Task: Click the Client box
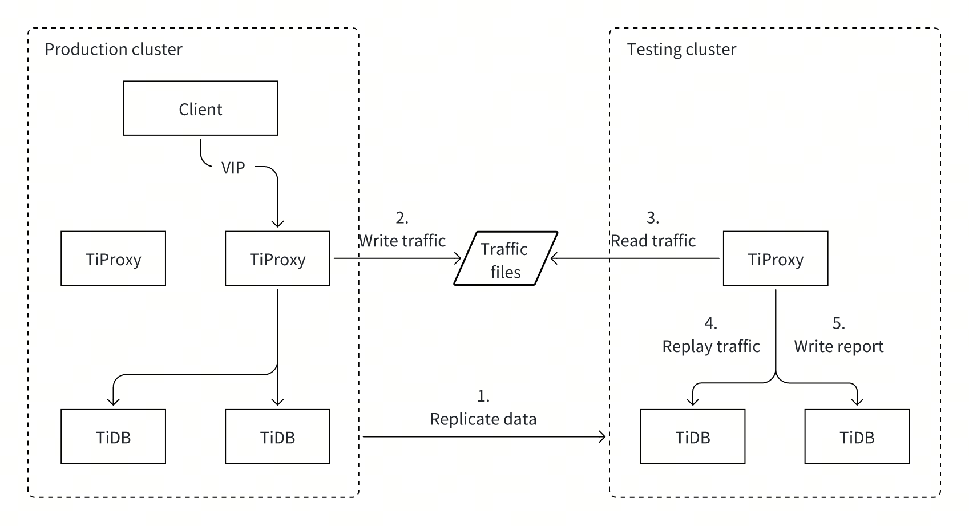click(200, 108)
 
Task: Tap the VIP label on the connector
click(233, 168)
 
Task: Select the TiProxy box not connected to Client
click(113, 258)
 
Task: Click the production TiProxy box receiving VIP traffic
click(277, 258)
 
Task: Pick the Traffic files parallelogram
click(505, 259)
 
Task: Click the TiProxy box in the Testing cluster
click(775, 258)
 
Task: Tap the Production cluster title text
click(113, 50)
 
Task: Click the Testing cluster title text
click(681, 50)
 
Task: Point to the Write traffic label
click(402, 241)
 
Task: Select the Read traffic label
click(653, 241)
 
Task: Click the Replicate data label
click(483, 419)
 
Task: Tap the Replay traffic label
click(710, 346)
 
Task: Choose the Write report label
click(838, 346)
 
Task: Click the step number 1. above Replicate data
click(483, 396)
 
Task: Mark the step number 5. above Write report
click(838, 323)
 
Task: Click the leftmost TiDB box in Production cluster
click(113, 436)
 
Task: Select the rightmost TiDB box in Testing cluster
click(857, 436)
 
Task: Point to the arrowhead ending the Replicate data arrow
click(602, 437)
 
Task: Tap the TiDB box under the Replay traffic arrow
click(692, 436)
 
